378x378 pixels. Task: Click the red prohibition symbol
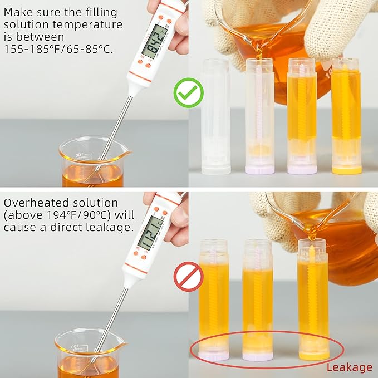tap(188, 277)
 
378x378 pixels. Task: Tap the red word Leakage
tap(349, 367)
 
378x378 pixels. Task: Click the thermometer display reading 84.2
tap(154, 41)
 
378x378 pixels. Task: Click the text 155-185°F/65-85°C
tap(58, 48)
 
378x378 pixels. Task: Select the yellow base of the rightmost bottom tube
tap(313, 354)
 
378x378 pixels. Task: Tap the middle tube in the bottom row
tap(257, 301)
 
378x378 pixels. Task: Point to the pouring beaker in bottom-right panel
tap(334, 234)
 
